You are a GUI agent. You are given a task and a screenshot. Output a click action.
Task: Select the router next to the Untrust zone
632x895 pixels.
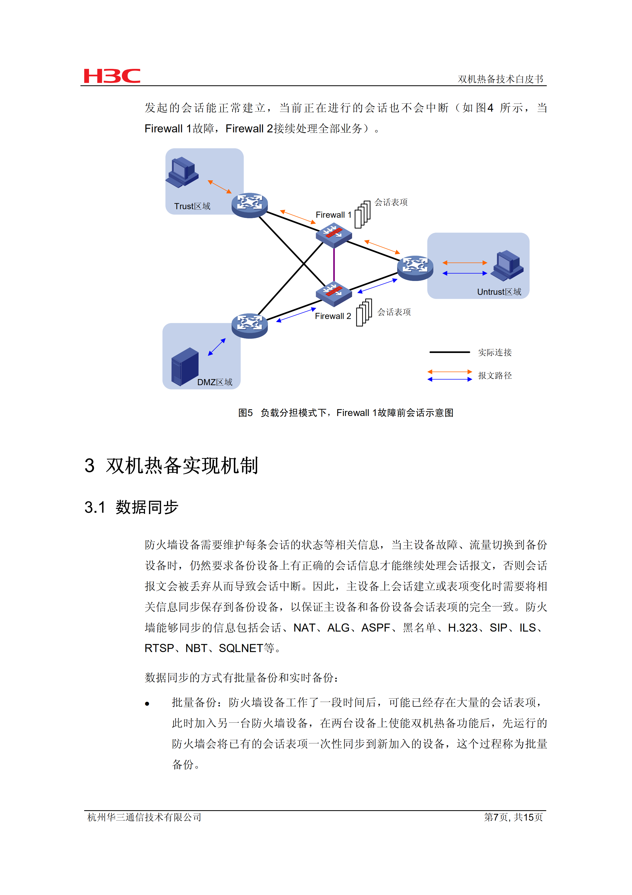click(415, 267)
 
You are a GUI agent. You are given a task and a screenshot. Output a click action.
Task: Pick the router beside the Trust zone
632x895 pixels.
click(249, 205)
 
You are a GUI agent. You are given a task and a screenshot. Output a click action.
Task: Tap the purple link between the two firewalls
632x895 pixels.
click(334, 264)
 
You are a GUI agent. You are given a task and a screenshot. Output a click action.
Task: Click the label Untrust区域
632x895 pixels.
click(499, 292)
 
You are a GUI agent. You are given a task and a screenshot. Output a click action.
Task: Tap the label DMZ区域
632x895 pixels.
click(215, 382)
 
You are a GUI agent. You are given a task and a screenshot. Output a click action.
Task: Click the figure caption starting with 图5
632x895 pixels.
click(345, 413)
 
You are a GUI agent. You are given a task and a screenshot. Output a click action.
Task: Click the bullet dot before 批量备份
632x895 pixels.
click(147, 704)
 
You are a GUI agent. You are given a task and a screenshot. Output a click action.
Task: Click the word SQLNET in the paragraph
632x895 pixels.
click(241, 648)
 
